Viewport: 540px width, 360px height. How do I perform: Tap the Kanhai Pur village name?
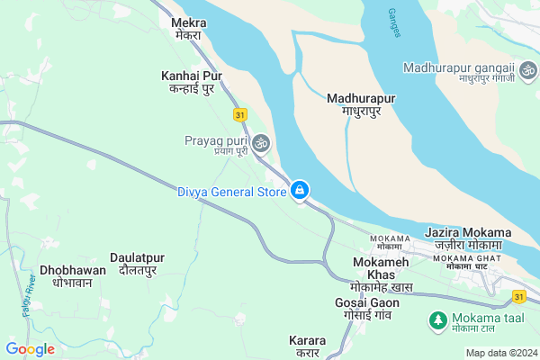click(x=191, y=82)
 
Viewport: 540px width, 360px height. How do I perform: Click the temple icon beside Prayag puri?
click(x=261, y=142)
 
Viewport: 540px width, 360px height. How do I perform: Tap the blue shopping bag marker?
click(x=300, y=190)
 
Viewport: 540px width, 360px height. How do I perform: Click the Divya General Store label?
click(x=230, y=191)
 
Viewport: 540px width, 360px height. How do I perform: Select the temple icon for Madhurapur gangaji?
click(x=526, y=68)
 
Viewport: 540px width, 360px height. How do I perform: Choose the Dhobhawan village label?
click(x=73, y=275)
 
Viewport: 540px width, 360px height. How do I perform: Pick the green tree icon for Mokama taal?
click(x=437, y=319)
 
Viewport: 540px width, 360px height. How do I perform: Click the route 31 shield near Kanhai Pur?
click(x=239, y=115)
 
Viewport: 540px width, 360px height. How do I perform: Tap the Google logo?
click(x=30, y=348)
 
